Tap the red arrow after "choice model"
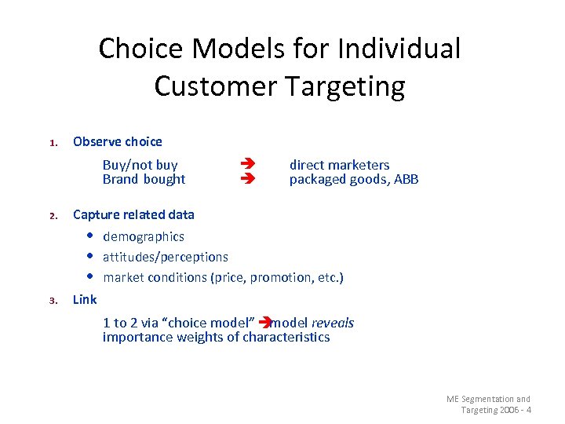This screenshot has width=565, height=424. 264,323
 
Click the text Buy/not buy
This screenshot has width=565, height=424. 140,165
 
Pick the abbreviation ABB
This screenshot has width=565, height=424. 406,179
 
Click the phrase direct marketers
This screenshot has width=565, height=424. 339,165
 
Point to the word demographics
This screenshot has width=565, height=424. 144,236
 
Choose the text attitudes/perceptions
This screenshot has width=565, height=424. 166,257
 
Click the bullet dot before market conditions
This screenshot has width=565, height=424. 91,277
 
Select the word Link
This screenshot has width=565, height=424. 85,299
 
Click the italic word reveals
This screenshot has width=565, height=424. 333,323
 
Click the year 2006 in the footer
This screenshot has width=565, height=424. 508,410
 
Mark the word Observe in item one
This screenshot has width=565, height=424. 97,141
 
